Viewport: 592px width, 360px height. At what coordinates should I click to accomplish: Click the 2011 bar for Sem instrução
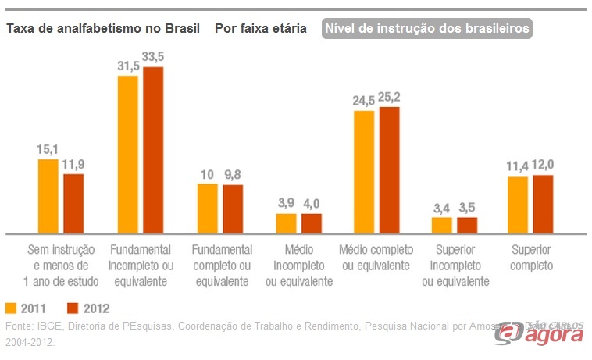click(x=48, y=196)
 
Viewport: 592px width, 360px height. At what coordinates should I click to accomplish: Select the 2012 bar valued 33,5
click(x=153, y=150)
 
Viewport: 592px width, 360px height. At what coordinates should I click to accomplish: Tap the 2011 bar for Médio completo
click(x=363, y=172)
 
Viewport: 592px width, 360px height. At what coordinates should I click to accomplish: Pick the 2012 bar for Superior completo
click(x=544, y=204)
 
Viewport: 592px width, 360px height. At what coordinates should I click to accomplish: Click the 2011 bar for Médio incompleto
click(x=286, y=223)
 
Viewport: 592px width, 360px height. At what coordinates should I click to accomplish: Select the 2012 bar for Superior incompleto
click(x=467, y=225)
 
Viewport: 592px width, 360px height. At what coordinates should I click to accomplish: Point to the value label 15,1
click(x=48, y=149)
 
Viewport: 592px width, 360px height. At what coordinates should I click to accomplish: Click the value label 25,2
click(x=390, y=98)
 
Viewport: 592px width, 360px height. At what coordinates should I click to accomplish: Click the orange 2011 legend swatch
click(x=11, y=307)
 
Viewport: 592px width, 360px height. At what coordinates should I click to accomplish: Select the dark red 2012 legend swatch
click(x=73, y=307)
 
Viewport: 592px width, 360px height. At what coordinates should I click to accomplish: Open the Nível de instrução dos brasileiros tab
click(x=426, y=29)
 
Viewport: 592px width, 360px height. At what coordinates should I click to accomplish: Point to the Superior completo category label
click(x=532, y=258)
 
